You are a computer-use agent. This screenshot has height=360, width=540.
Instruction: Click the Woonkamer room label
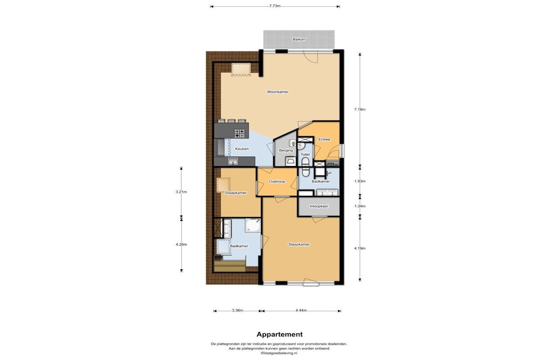[277, 92]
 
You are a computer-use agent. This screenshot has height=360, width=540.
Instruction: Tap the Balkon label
[298, 39]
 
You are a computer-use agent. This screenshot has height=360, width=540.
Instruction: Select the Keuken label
[242, 149]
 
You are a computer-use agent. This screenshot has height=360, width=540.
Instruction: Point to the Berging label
[286, 150]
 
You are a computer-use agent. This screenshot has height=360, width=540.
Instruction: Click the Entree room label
[324, 139]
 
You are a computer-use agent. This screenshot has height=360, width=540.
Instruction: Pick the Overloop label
[277, 182]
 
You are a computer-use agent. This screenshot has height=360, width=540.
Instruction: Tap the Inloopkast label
[319, 207]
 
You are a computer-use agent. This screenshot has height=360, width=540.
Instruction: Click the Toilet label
[305, 154]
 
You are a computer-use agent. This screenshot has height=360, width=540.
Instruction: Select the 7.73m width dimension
[274, 6]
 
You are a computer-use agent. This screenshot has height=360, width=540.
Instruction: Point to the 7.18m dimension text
[360, 110]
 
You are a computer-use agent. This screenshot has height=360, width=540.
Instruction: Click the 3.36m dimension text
[237, 310]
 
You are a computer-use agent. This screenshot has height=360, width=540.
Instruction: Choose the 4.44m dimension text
[301, 310]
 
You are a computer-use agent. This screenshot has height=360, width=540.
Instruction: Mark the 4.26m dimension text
[181, 245]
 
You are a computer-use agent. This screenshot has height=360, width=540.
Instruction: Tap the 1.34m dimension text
[360, 207]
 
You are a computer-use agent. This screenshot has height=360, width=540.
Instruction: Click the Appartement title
[279, 334]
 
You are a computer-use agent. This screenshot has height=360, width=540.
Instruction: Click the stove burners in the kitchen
[239, 133]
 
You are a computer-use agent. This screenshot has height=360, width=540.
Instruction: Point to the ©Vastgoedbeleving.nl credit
[279, 353]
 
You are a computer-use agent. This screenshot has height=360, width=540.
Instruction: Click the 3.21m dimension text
[181, 192]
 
